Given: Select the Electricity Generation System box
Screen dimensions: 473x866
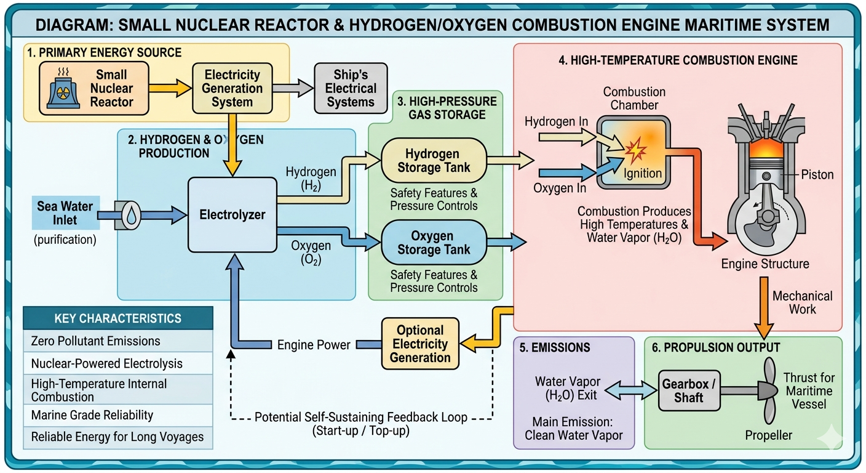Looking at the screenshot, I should (232, 89).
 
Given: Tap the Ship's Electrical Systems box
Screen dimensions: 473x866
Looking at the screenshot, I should (351, 89).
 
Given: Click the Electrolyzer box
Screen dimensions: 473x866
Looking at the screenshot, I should (232, 214).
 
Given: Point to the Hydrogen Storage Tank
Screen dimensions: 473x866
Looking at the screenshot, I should (434, 161).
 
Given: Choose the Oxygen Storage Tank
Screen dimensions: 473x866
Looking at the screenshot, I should (434, 243).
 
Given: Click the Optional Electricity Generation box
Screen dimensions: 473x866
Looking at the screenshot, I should (420, 344).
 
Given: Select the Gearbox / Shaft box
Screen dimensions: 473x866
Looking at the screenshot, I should (689, 390).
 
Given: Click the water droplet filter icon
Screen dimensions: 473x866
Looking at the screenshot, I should (132, 214).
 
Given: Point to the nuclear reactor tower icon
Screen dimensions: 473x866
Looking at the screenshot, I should (63, 91).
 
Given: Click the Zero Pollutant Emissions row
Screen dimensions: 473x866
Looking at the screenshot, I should (118, 341).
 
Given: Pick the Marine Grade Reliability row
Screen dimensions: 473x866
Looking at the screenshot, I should (118, 414).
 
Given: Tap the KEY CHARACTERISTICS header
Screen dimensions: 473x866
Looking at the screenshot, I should (118, 318).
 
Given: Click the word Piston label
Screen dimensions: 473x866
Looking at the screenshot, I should (817, 175).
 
